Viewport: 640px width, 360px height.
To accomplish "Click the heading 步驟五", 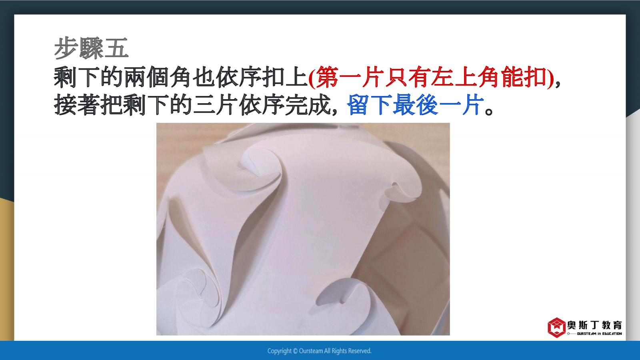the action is tap(91, 48).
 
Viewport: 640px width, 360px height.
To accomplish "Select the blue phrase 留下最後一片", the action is tap(416, 105).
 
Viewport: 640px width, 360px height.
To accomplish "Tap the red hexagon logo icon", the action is tap(556, 328).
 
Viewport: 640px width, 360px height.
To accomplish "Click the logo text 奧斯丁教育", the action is tap(594, 325).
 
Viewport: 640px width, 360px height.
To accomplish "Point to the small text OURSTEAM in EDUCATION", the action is tap(599, 334).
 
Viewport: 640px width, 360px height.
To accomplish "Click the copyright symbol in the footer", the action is tap(295, 351).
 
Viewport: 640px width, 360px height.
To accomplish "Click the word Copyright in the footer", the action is tap(280, 351).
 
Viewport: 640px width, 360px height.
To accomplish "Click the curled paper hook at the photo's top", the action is tap(258, 163).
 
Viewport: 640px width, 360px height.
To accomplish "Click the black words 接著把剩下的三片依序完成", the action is tap(192, 105).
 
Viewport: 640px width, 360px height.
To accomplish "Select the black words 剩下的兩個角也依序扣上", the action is tap(180, 77).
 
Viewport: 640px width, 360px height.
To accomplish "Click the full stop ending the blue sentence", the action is tap(489, 111).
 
